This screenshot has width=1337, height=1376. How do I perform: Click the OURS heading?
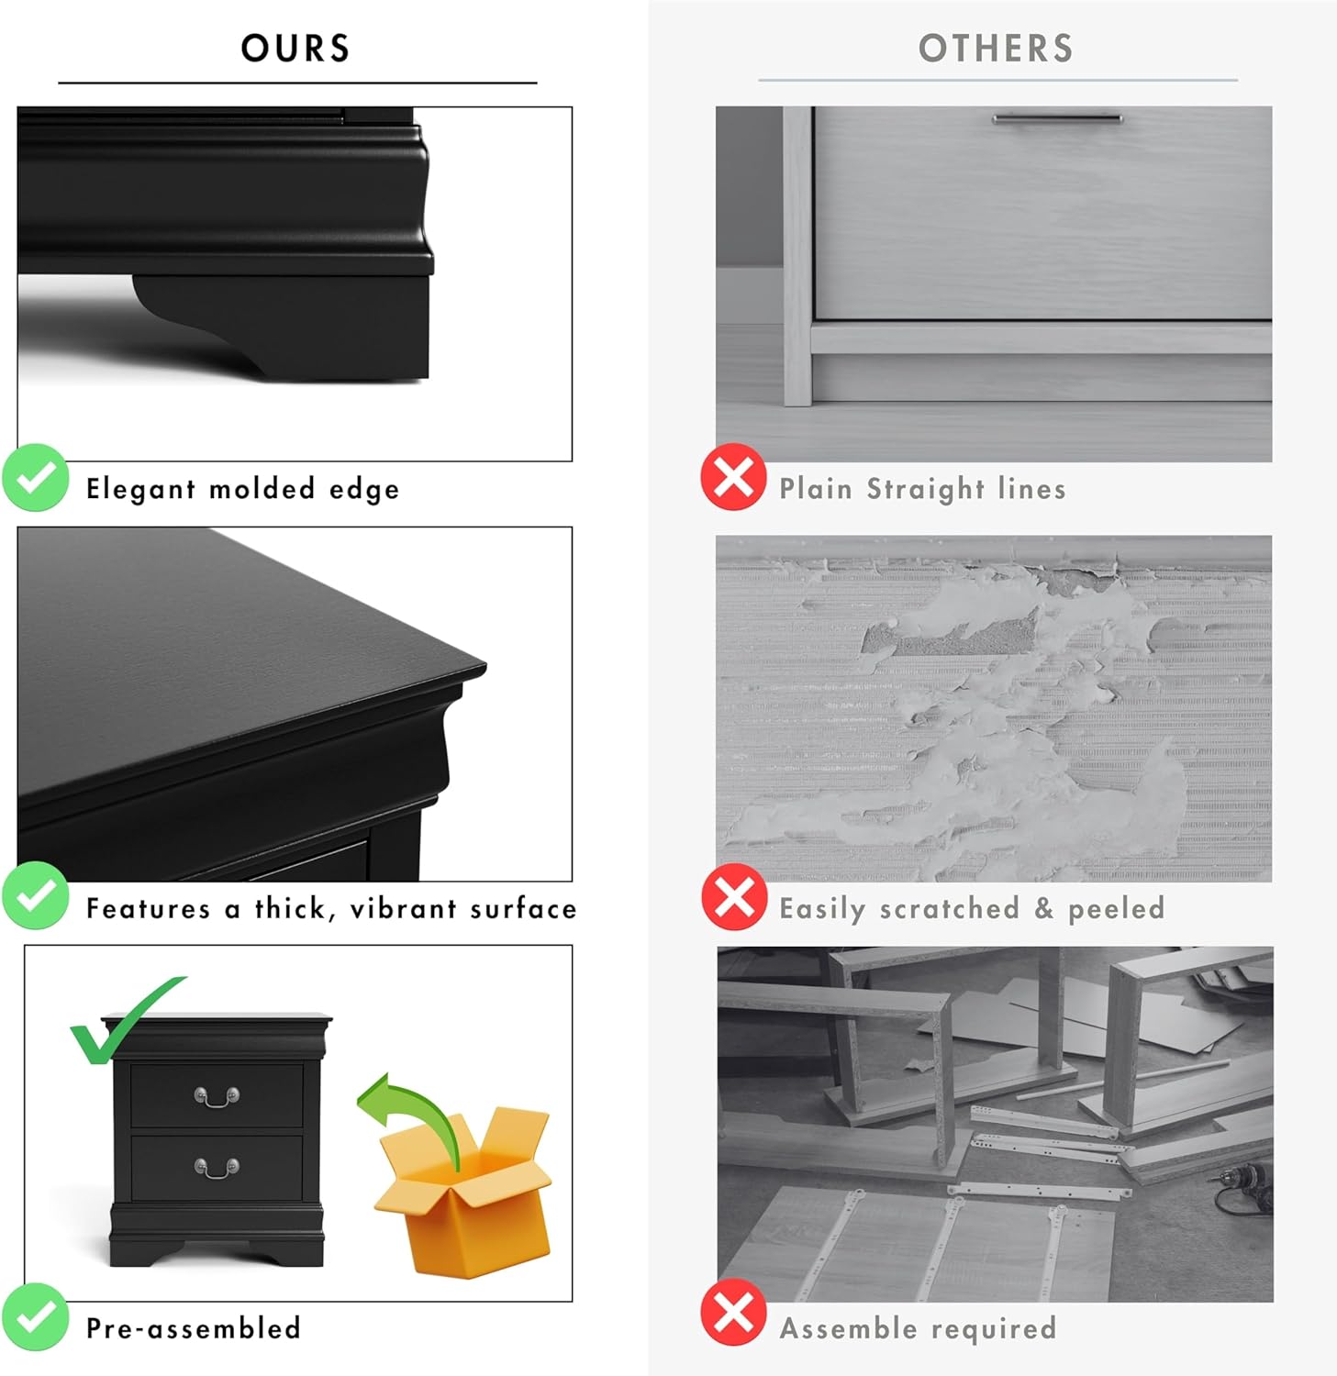point(295,49)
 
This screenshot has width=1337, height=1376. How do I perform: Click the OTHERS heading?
point(996,49)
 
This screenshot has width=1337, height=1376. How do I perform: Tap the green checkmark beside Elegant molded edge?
point(36,477)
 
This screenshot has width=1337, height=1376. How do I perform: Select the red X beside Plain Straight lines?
point(733,477)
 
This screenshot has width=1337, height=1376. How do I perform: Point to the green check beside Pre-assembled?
point(36,1317)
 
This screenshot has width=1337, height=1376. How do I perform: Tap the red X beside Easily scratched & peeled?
point(734,896)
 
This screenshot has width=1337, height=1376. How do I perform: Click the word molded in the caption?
point(262,488)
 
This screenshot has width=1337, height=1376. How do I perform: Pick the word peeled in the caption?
point(1116,909)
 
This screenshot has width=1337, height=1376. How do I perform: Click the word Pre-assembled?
point(194,1328)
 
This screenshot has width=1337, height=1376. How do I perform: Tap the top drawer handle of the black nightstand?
point(217,1096)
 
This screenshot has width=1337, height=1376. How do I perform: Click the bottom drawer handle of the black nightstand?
point(217,1168)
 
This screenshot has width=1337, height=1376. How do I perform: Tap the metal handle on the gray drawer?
point(1057,118)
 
